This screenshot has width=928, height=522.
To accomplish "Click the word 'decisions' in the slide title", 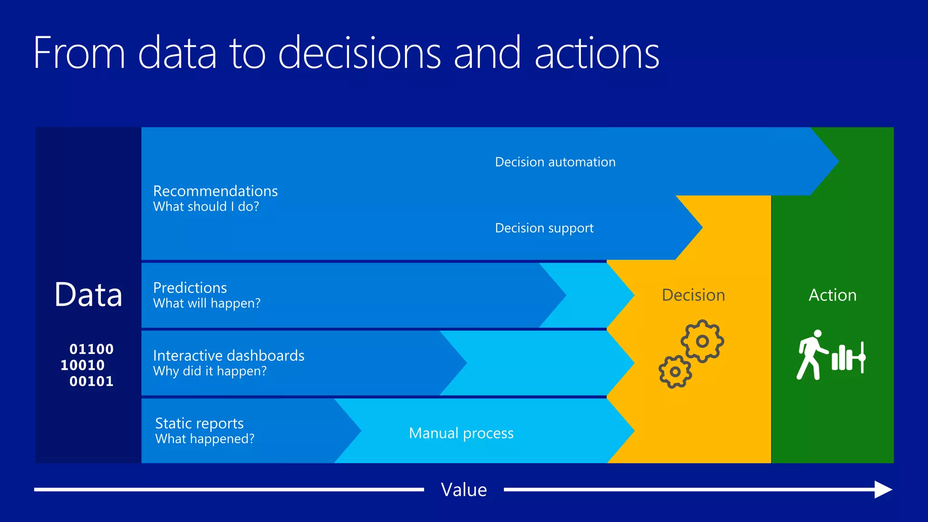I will coord(359,53).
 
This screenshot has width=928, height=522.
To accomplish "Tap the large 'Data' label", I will coord(88,295).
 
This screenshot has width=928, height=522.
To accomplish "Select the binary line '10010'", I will coord(82,365).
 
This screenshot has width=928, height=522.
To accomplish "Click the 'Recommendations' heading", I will coord(215,191).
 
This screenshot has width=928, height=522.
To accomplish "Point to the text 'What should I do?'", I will coord(206,207).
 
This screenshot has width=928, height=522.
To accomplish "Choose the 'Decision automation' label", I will coord(555,162).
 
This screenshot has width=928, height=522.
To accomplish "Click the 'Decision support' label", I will coord(544,228).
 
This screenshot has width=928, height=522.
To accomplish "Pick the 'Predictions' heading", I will coord(190,288).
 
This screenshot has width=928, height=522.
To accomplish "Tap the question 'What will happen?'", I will coord(207,303).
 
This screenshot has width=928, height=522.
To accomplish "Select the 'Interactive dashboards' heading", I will coord(229,356).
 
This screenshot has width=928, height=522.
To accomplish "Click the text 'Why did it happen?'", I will coord(210,371).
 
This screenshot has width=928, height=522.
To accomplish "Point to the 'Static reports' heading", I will coord(199,423).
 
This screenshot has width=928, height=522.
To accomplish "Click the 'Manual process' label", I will coord(461,433).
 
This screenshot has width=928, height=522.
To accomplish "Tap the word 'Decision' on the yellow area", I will coord(693,295).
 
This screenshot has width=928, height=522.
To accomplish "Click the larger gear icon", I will coord(702,341).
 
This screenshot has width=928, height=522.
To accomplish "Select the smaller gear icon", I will coord(675,372).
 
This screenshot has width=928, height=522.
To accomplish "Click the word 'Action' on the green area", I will coord(832,295).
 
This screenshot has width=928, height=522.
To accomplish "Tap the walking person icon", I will coord(811,355).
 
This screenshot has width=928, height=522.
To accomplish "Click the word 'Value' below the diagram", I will coord(464,490).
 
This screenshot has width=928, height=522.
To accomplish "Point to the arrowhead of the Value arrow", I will coord(883,489).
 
